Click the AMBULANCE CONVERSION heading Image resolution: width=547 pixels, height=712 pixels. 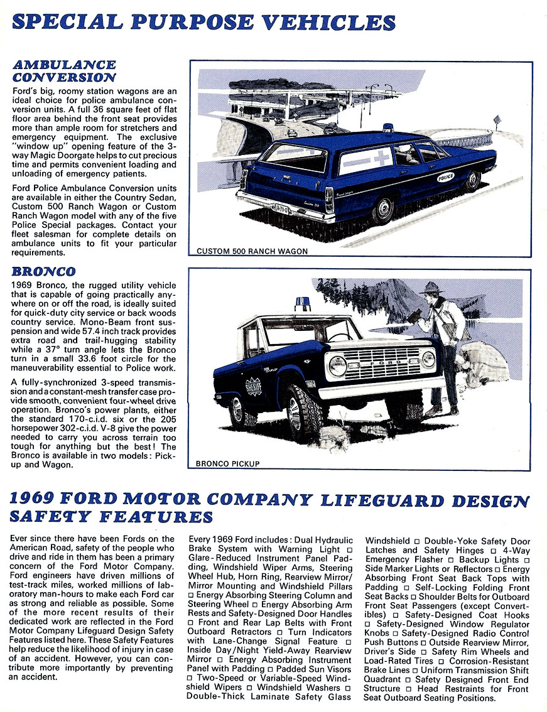click(x=64, y=71)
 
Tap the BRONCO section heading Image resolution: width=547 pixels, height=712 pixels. click(x=44, y=271)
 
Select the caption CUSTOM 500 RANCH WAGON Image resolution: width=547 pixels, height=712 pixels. click(x=252, y=251)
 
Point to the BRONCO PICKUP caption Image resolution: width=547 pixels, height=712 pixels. click(x=227, y=464)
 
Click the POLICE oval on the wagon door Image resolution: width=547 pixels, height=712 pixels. click(x=445, y=178)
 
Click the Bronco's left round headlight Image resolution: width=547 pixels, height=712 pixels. click(x=337, y=365)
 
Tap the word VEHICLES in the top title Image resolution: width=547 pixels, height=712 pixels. click(x=330, y=23)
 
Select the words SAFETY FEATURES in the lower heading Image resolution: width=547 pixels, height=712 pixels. click(x=111, y=517)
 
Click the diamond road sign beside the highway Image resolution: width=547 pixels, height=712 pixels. click(x=497, y=119)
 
